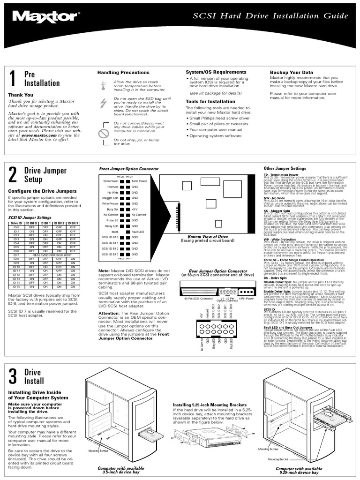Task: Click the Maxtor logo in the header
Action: coord(46,18)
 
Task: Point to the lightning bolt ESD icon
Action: coord(103,104)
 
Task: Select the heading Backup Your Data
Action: coord(291,72)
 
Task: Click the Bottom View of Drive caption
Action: coord(207,237)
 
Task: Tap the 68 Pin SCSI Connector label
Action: coord(193,298)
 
